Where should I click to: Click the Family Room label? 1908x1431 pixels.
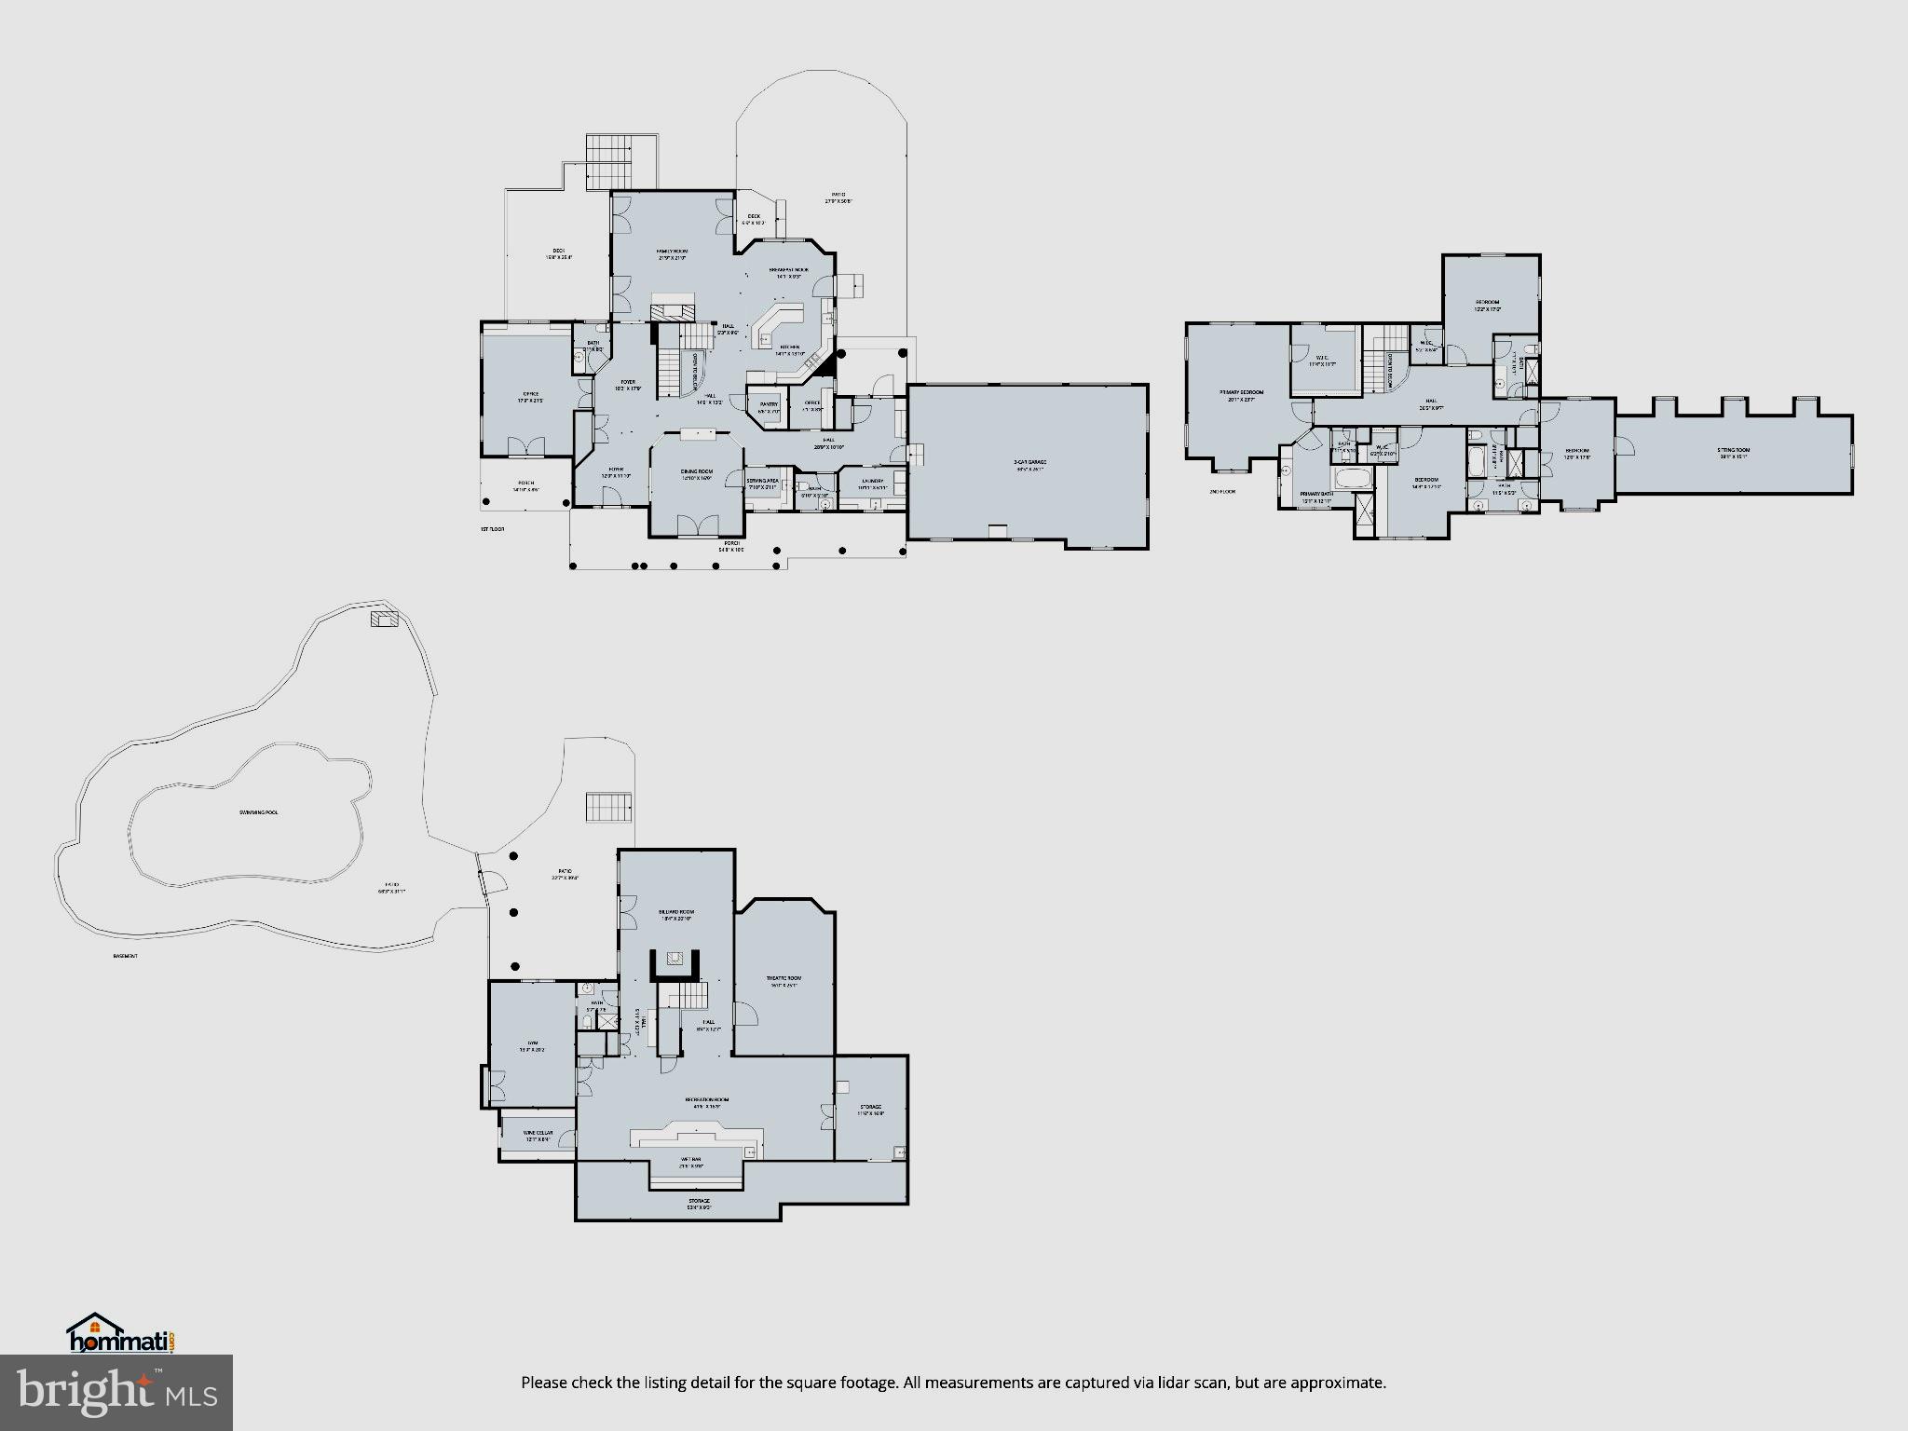click(671, 252)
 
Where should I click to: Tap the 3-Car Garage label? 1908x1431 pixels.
click(1029, 462)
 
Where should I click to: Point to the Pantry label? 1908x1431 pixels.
click(768, 404)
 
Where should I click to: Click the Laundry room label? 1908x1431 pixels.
click(872, 482)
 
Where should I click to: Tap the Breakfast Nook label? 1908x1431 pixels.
click(788, 270)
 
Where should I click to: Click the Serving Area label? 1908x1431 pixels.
click(761, 482)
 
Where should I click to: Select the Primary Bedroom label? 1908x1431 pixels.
click(1241, 392)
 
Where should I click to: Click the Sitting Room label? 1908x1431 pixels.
click(1734, 451)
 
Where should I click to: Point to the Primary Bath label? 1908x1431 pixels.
click(1316, 494)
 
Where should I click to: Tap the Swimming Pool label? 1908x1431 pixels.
click(257, 812)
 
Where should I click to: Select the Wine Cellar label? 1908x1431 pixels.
click(538, 1133)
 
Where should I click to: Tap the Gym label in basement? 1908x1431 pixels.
click(533, 1043)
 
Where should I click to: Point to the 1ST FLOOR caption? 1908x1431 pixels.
click(492, 528)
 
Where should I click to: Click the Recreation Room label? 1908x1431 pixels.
click(706, 1100)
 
